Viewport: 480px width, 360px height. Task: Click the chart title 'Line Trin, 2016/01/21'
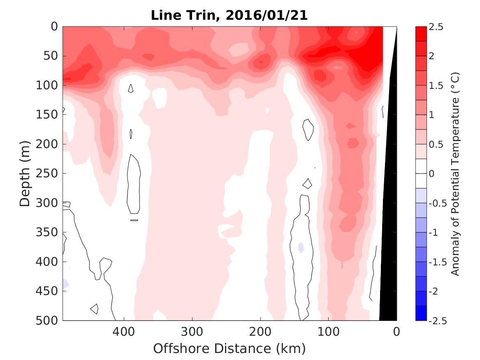229,16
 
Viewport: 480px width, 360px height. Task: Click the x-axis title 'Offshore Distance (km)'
229,349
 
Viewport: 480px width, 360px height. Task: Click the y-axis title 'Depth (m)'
25,173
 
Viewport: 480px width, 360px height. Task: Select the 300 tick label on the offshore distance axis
192,331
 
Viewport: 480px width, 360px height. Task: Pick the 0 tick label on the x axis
397,331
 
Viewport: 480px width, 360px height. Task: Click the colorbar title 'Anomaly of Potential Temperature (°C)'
455,174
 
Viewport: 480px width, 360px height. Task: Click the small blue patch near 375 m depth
301,247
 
